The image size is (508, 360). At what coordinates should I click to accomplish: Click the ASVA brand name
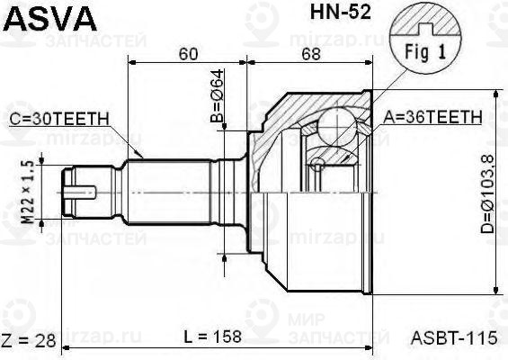[x=42, y=18]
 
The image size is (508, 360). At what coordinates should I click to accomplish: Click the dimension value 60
[x=188, y=53]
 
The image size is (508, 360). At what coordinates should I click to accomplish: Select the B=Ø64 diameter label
[x=218, y=104]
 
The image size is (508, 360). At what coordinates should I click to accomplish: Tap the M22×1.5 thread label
[x=27, y=191]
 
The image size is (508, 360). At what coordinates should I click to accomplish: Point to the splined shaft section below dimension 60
[x=171, y=191]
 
